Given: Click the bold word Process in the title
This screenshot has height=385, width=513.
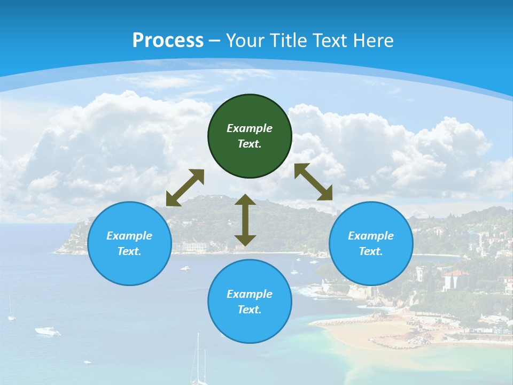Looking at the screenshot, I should pyautogui.click(x=168, y=41).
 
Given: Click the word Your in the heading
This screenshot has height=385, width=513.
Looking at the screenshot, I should pyautogui.click(x=246, y=41).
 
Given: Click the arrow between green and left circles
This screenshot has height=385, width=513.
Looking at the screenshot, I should pyautogui.click(x=185, y=188).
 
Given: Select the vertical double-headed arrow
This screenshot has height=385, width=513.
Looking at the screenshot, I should pyautogui.click(x=245, y=220).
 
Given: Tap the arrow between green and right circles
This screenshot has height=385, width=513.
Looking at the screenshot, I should pyautogui.click(x=313, y=182).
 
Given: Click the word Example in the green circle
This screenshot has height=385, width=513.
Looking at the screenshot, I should pyautogui.click(x=250, y=128).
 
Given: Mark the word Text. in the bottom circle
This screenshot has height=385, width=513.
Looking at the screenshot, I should pyautogui.click(x=250, y=310).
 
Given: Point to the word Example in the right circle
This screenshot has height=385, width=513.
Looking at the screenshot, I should pyautogui.click(x=371, y=236).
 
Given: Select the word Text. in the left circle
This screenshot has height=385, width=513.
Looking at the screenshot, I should pyautogui.click(x=129, y=251).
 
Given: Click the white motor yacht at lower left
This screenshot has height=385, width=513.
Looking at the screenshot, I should pyautogui.click(x=48, y=332).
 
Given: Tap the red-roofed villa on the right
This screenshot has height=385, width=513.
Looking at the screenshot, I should pyautogui.click(x=455, y=279).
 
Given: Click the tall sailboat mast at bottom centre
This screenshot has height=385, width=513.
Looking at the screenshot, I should pyautogui.click(x=198, y=358).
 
